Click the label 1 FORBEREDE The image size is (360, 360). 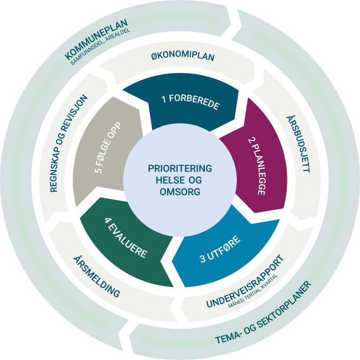[190, 102]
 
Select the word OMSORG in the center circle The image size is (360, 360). [180, 192]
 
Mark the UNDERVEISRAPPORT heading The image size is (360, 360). [245, 281]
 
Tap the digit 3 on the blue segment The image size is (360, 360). [203, 259]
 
